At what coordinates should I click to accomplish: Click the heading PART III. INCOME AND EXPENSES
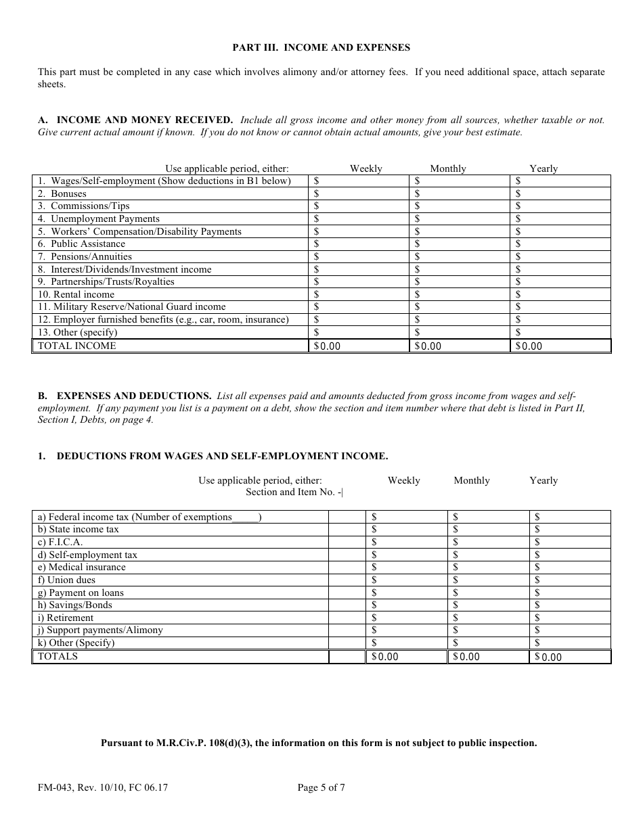point(321,47)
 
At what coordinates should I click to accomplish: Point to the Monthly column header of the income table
point(447,168)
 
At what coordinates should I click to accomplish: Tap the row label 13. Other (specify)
point(77,332)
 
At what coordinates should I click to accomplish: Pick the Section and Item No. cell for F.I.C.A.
point(347,542)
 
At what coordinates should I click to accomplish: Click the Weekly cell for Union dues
point(406,580)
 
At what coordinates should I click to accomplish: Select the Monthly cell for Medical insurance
point(487,567)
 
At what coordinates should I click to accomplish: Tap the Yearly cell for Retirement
point(570,618)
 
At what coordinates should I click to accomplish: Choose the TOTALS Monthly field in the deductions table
point(487,656)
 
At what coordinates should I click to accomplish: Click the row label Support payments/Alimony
point(100,630)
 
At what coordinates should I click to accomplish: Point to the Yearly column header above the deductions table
point(544,480)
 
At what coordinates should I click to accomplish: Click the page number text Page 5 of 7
point(321,787)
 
